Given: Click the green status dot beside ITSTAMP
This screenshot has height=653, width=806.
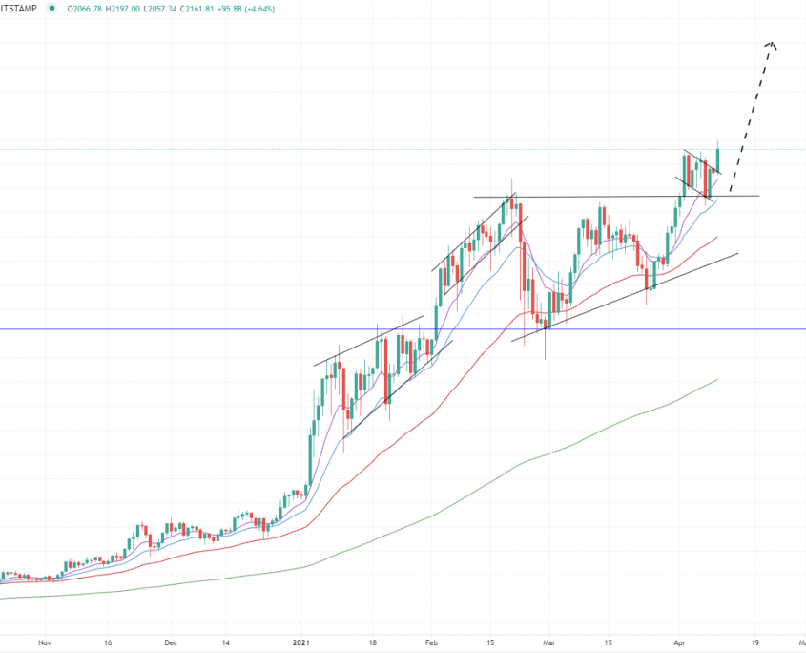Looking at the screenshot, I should pos(50,8).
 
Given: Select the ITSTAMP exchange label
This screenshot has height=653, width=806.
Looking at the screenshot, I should pos(20,8).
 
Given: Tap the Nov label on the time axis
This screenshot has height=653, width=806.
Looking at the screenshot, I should pos(44,642).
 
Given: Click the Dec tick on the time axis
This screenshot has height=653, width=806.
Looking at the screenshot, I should pos(171,642).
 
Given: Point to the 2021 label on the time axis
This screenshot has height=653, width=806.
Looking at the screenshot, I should pos(302,642).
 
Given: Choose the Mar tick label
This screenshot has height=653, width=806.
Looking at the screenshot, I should pos(548,642).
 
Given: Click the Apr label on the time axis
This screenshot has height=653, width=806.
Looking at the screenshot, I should pos(679,642).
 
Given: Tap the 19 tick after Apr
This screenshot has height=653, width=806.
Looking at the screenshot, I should pos(754,642).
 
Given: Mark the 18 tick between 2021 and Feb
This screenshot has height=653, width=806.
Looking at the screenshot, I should pos(373,642).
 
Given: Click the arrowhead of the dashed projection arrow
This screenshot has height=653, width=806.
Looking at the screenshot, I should pos(773,44).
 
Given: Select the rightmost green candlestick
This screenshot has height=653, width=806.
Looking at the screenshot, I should pos(717,158).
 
